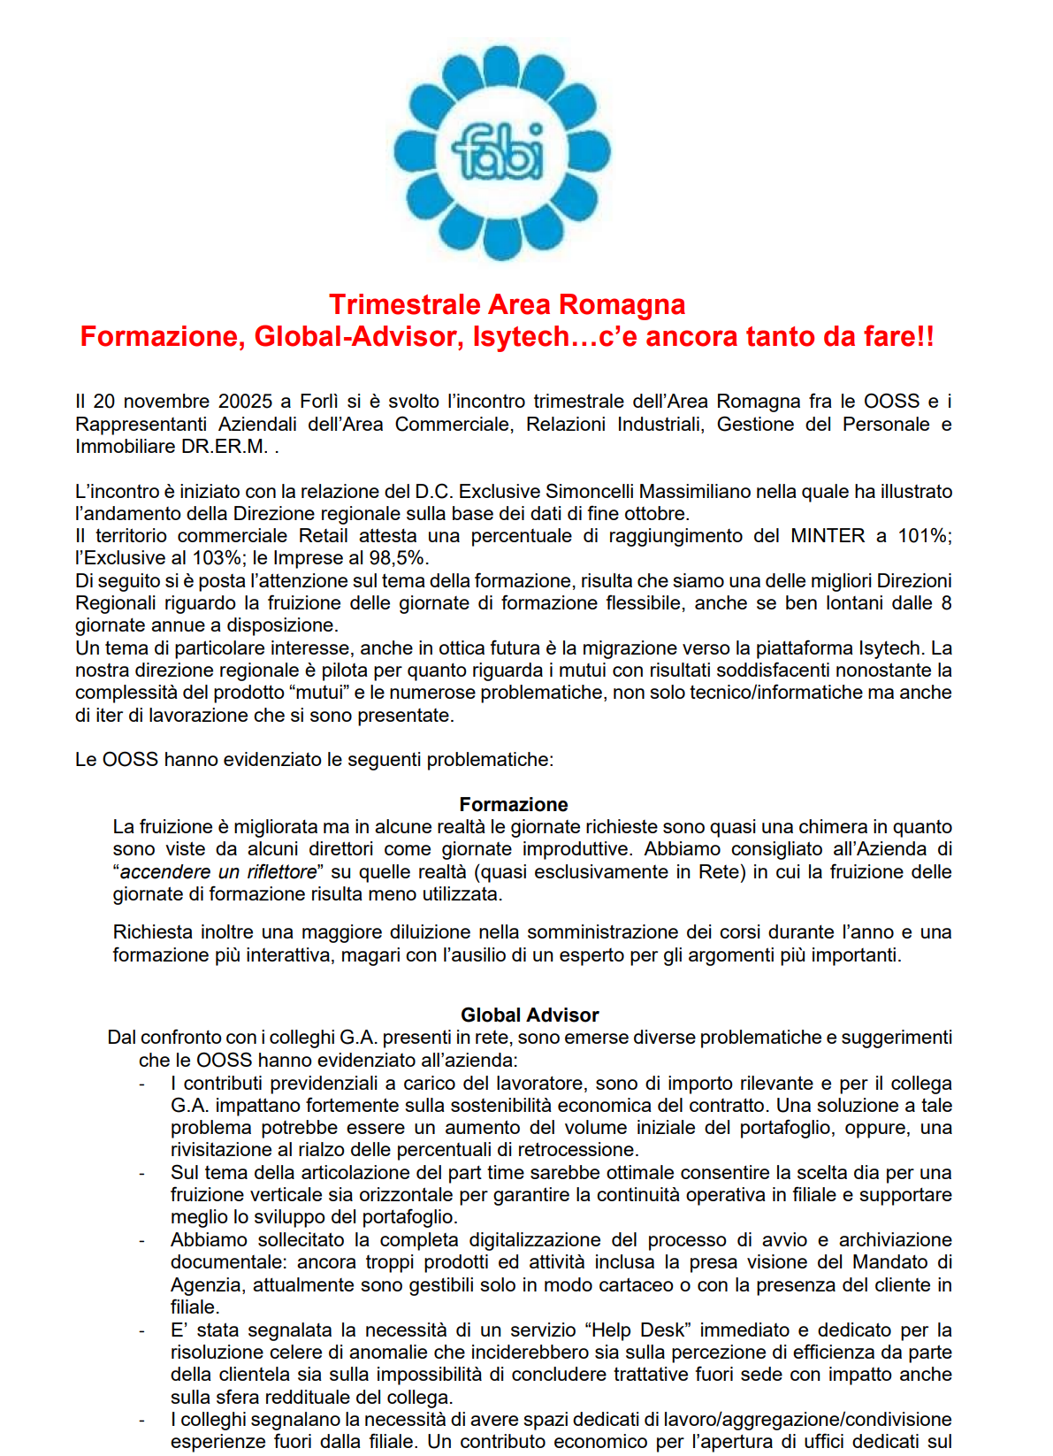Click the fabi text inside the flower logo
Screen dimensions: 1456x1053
(499, 152)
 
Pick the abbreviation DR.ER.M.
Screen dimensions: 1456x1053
(225, 447)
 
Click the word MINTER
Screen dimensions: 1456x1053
(828, 536)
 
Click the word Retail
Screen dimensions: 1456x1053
(324, 536)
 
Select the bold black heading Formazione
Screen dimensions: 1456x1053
(513, 804)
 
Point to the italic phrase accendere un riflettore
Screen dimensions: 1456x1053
(217, 872)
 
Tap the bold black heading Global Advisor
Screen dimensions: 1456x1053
(530, 1015)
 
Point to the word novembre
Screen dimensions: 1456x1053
(166, 402)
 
